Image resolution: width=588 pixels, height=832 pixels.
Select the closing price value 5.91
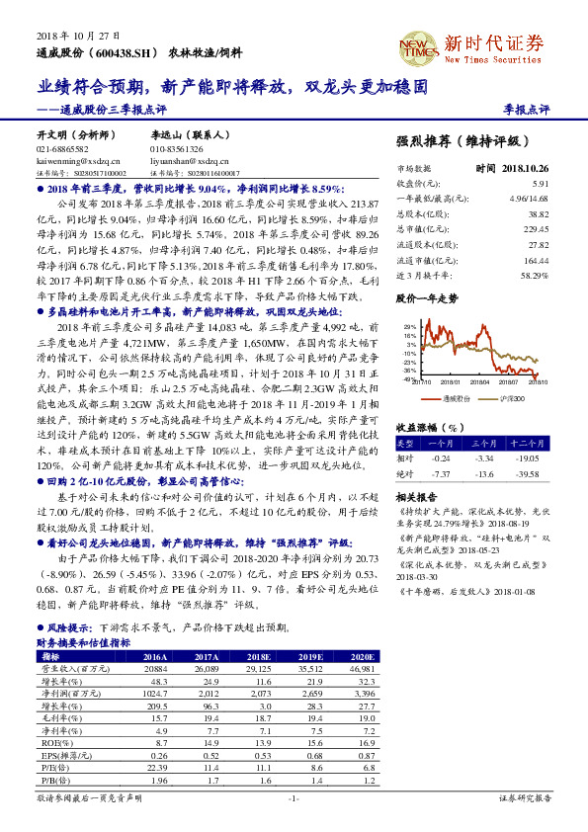[541, 184]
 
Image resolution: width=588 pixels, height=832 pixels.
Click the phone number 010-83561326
[178, 148]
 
